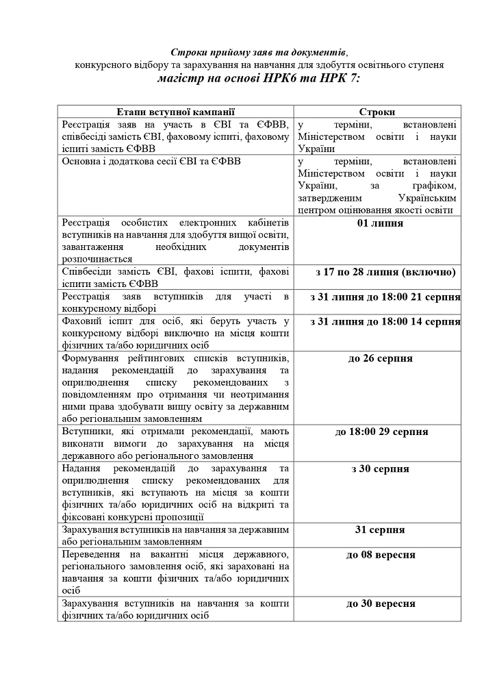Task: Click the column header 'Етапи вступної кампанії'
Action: pos(175,112)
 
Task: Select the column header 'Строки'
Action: pos(377,112)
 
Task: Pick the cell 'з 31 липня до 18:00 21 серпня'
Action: pos(385,297)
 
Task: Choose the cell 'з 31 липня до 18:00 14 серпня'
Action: pos(385,321)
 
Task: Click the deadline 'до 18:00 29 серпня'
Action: pos(381,432)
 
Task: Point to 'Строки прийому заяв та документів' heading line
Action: pos(258,52)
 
